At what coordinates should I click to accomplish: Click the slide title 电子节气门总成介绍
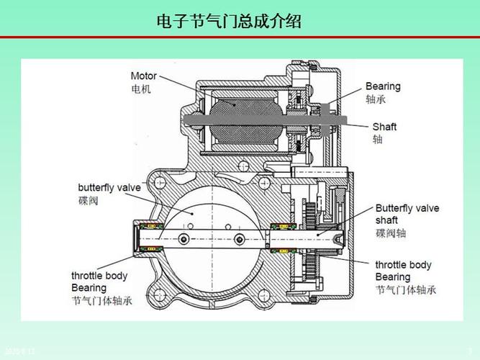coord(229,22)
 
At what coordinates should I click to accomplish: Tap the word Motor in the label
coord(144,76)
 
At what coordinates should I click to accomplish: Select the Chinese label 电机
coord(141,89)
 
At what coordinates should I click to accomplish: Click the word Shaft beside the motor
coord(384,127)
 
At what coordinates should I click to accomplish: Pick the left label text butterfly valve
coord(109,187)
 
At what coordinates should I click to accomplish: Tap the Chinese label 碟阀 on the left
coord(88,200)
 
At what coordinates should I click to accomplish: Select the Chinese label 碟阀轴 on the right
coord(389,233)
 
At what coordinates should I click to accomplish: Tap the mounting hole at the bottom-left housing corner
coord(153,294)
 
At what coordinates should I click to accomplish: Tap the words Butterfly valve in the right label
coord(407,208)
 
